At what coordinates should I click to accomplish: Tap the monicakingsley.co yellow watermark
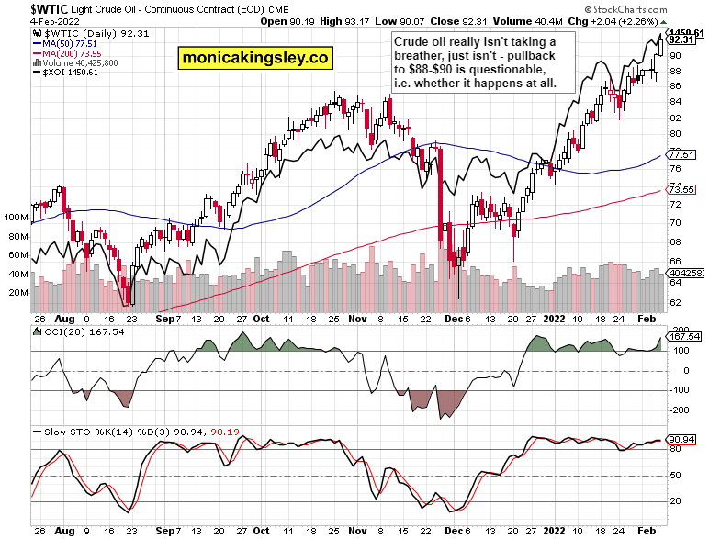pyautogui.click(x=255, y=57)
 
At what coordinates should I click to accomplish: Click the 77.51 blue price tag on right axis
pyautogui.click(x=680, y=155)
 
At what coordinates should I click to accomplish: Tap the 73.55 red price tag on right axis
pyautogui.click(x=680, y=190)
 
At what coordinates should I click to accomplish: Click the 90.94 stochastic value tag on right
pyautogui.click(x=681, y=439)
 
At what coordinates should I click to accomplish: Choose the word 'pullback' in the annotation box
pyautogui.click(x=531, y=57)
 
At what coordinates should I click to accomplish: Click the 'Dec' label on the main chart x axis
pyautogui.click(x=450, y=320)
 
